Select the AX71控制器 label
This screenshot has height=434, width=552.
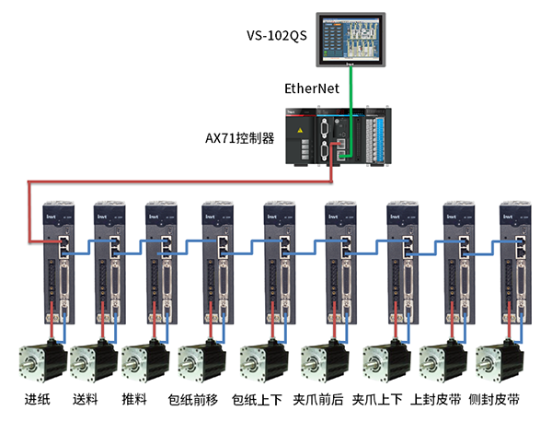click(240, 137)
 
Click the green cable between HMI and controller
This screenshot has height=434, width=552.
click(351, 88)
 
